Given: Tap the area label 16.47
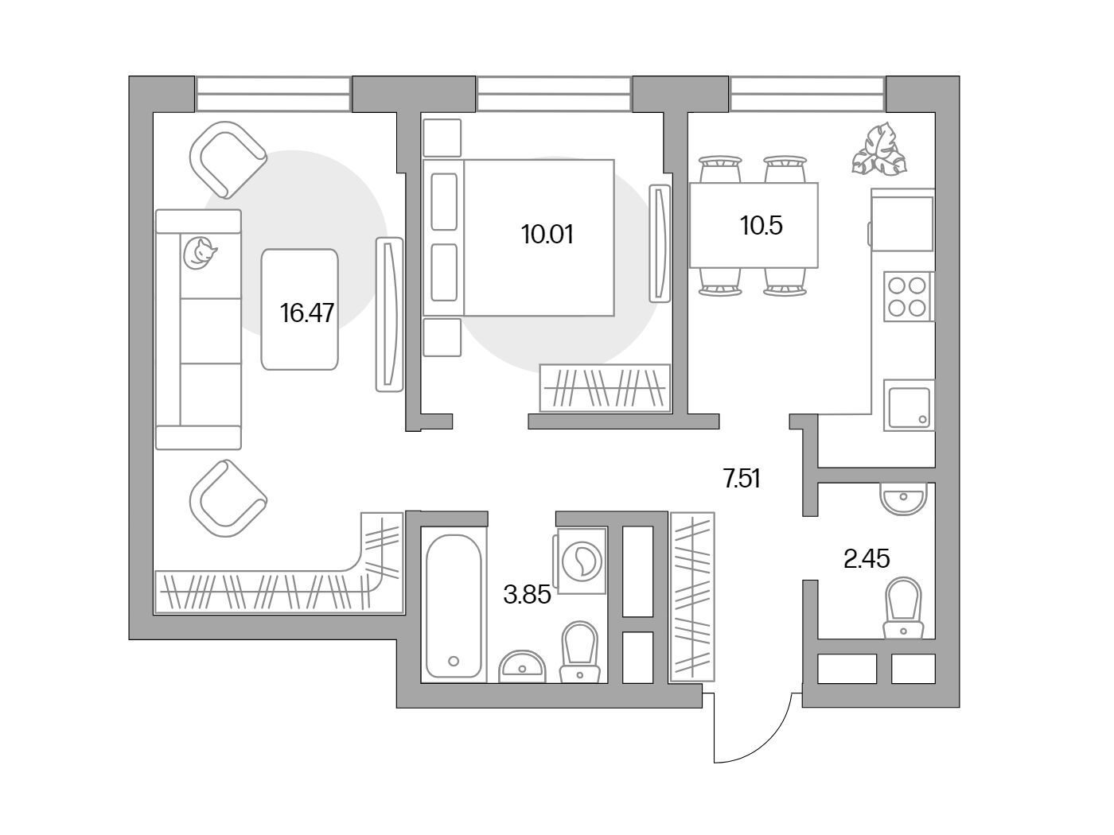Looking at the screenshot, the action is [x=307, y=313].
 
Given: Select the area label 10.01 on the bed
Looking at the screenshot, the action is [x=547, y=235].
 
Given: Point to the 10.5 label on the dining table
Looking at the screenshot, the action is [x=761, y=225].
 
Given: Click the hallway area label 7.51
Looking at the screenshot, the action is [x=742, y=479].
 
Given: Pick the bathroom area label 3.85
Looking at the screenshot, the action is [x=527, y=594].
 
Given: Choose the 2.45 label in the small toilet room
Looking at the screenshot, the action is [x=867, y=559].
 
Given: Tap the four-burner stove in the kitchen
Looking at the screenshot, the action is [x=909, y=296].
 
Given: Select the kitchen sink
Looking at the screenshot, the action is [x=909, y=406].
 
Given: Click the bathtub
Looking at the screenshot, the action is [x=454, y=607].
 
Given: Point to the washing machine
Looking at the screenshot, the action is [x=581, y=561].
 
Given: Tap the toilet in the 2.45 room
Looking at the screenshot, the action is [x=903, y=608].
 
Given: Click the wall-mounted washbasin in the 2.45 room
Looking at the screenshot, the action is [x=904, y=499].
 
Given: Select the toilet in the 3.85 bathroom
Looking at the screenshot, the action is [x=579, y=652].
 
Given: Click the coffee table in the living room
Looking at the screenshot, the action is [x=299, y=309].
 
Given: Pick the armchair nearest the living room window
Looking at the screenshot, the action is [x=228, y=160].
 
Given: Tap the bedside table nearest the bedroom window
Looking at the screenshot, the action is [x=442, y=138].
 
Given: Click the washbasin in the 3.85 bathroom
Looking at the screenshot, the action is [x=522, y=666].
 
